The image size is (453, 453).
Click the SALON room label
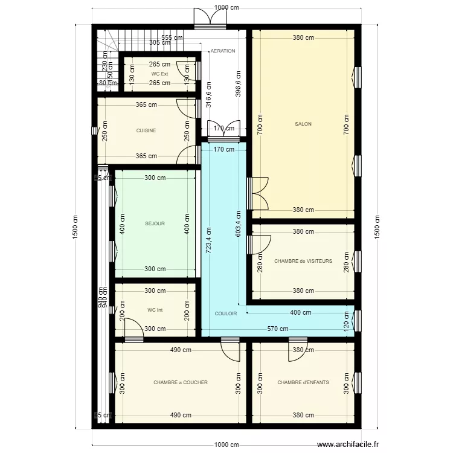pyautogui.click(x=303, y=124)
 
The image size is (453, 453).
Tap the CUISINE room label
pyautogui.click(x=146, y=130)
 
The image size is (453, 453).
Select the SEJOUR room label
pyautogui.click(x=155, y=223)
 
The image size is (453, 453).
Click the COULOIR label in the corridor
pyautogui.click(x=226, y=313)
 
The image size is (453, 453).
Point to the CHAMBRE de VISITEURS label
pyautogui.click(x=303, y=262)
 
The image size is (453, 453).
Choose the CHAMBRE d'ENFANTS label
pyautogui.click(x=303, y=382)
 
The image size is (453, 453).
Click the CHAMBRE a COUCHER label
pyautogui.click(x=181, y=382)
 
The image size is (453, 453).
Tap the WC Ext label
pyautogui.click(x=160, y=74)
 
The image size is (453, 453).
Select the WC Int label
pyautogui.click(x=155, y=310)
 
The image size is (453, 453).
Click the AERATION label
pyautogui.click(x=223, y=51)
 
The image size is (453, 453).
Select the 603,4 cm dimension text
pyautogui.click(x=238, y=223)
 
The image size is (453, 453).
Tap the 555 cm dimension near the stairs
pyautogui.click(x=172, y=37)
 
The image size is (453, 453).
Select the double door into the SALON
pyautogui.click(x=259, y=193)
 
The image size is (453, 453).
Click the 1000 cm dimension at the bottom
pyautogui.click(x=227, y=444)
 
